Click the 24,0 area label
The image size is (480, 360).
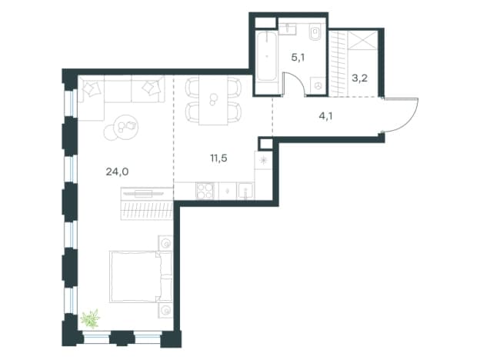pos(117,172)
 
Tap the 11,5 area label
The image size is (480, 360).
pos(218,158)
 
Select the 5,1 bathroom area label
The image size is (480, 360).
pos(298,57)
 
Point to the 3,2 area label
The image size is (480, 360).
pos(359,78)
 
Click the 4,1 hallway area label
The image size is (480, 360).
pos(325,116)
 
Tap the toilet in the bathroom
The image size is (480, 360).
pos(315,33)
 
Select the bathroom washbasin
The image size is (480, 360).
pos(287,30)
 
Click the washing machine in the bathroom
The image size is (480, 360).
pos(318,86)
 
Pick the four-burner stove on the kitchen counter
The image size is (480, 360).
pos(205,191)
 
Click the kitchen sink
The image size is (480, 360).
pos(245,191)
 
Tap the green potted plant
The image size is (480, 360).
pos(91,318)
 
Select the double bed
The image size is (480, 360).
pos(141,276)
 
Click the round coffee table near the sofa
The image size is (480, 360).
pos(125,127)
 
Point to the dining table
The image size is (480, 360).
pos(213,101)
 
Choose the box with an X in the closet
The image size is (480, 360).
pos(363,39)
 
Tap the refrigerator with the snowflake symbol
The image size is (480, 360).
pos(263,161)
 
